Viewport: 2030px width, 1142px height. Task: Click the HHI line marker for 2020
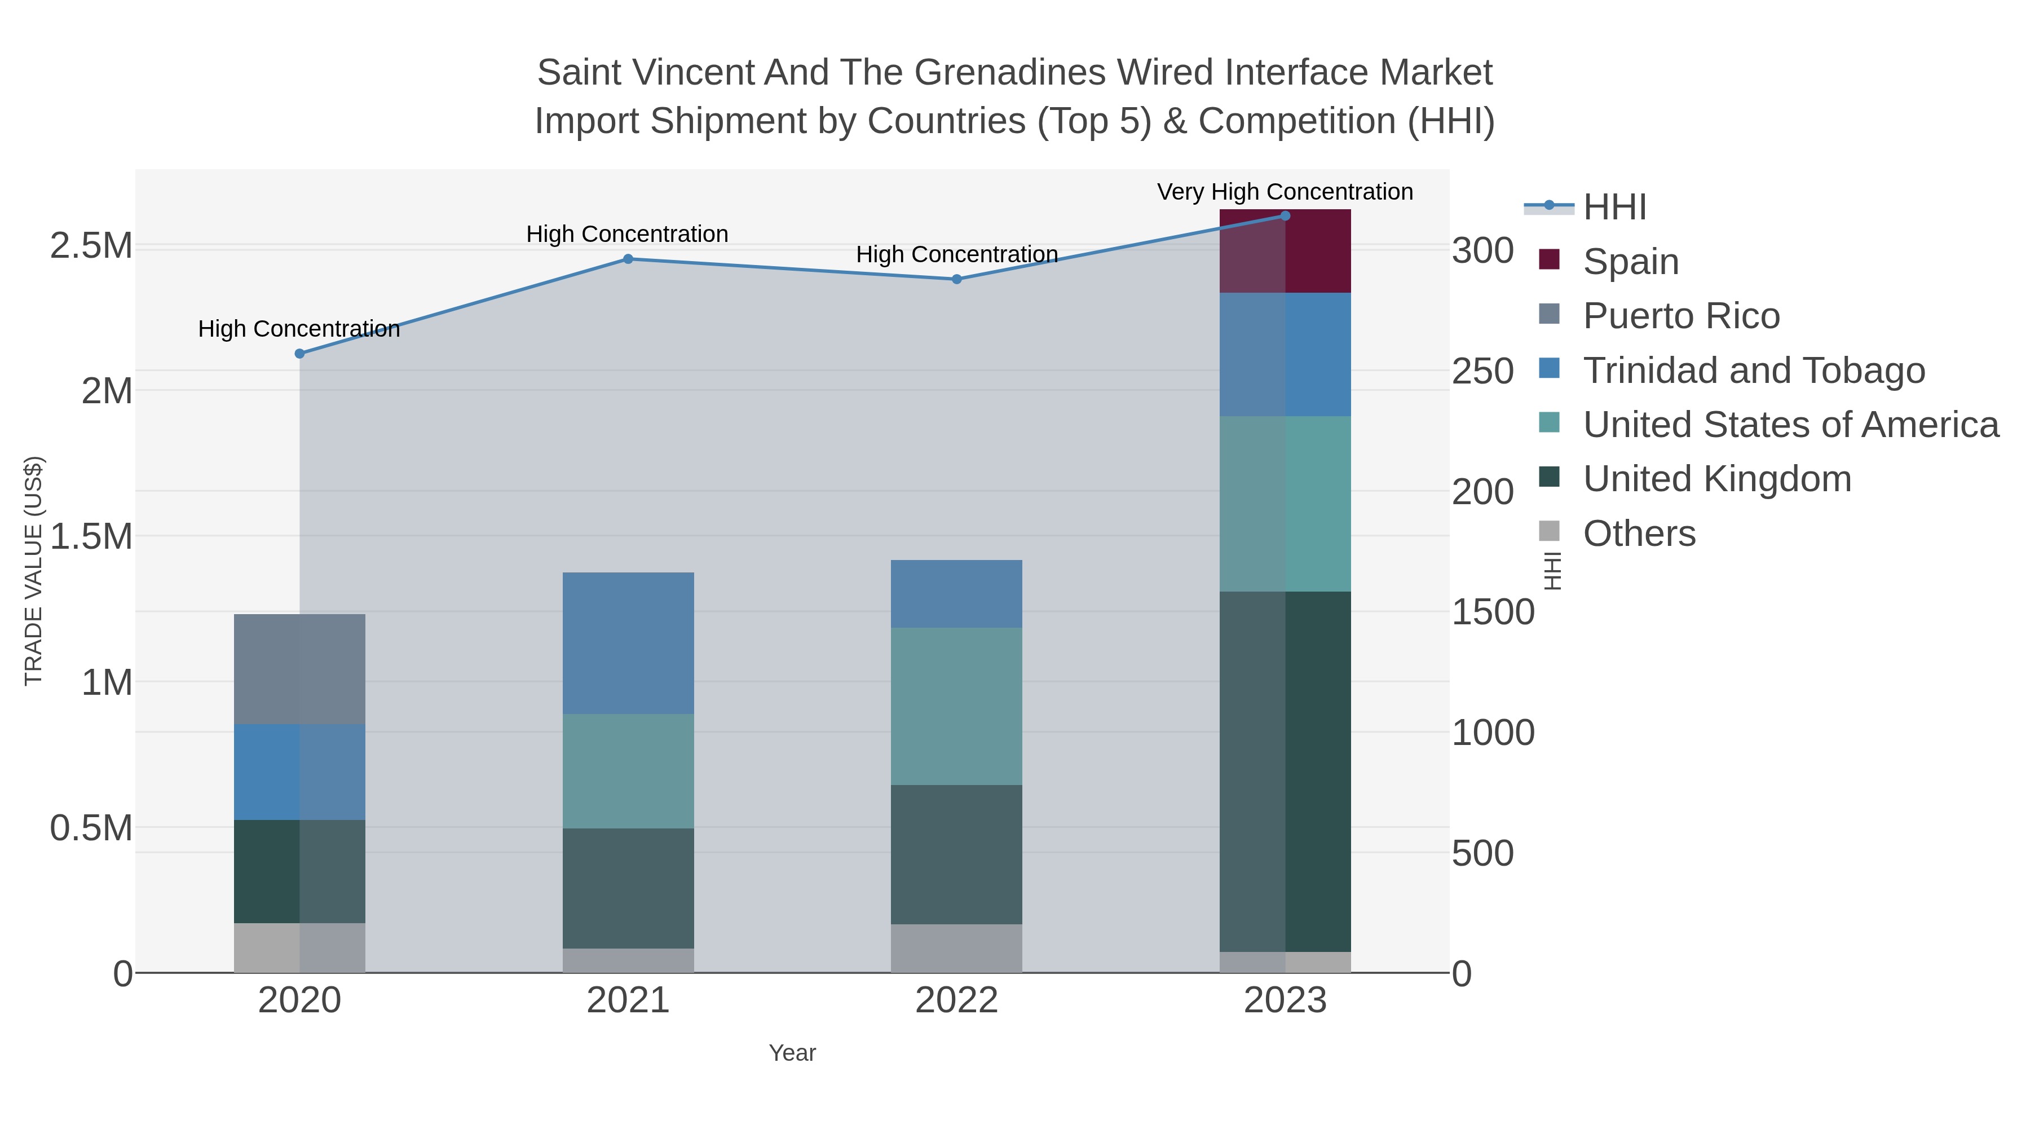(299, 354)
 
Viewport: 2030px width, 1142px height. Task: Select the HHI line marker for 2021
(628, 258)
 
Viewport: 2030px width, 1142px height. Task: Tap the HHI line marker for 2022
(957, 279)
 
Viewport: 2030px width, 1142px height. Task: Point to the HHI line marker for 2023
(1285, 216)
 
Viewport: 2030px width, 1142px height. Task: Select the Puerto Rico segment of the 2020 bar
(299, 669)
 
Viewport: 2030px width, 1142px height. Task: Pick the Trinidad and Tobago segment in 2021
(628, 643)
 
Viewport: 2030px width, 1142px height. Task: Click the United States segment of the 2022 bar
(957, 706)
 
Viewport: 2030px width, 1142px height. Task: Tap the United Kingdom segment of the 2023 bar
(1285, 771)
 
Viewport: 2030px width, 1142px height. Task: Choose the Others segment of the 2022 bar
(957, 948)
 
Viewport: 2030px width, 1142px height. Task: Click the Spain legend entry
(1630, 262)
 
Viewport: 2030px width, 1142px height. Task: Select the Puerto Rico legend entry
(1681, 316)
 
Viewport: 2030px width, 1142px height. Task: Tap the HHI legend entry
(1615, 208)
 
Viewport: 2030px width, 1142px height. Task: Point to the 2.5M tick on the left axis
(91, 246)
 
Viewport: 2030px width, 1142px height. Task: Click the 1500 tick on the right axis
(1493, 612)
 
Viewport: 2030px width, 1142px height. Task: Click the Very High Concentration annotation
(1285, 192)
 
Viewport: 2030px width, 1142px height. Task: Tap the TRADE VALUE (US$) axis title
(34, 571)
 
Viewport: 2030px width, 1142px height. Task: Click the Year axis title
(792, 1053)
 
